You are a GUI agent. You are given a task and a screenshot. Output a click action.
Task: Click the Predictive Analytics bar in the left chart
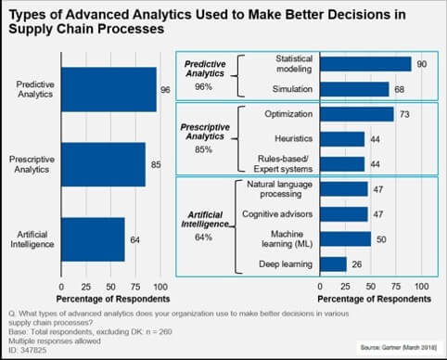coord(109,90)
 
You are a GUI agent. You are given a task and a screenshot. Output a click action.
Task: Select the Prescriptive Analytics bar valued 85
coord(103,164)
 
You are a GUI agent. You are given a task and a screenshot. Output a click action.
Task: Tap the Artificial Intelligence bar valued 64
coord(93,238)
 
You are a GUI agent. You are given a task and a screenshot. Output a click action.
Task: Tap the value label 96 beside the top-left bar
coord(165,90)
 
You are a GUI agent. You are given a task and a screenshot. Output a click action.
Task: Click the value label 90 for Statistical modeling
coord(420,63)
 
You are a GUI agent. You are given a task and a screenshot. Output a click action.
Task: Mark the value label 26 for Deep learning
coord(356,264)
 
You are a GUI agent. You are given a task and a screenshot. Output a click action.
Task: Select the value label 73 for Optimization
coord(403,114)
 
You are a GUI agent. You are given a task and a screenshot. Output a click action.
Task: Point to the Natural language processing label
coord(270,188)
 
